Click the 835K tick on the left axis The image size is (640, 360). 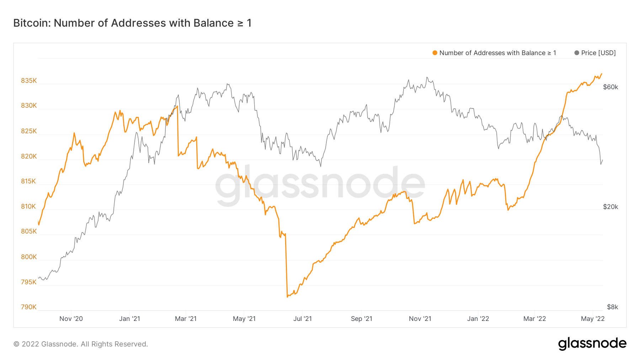tap(29, 81)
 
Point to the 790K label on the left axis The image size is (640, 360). tap(29, 307)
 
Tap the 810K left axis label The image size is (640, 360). tap(29, 206)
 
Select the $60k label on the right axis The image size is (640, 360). tap(610, 87)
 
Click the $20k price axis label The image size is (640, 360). tap(610, 207)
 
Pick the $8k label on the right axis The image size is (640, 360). tap(612, 307)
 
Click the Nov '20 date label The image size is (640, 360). tap(71, 319)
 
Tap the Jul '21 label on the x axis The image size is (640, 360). tap(303, 319)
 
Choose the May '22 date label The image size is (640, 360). tap(593, 319)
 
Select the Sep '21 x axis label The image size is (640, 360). tap(362, 319)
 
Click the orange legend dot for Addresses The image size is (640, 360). tap(434, 53)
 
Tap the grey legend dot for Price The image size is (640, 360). tap(577, 53)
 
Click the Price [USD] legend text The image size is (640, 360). tap(598, 53)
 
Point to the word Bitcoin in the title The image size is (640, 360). tap(32, 23)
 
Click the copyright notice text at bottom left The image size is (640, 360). tap(81, 344)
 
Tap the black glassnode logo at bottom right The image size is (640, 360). tap(592, 343)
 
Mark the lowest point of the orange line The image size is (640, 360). tap(287, 297)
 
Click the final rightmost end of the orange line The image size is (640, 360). tap(602, 74)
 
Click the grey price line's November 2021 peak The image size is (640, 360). tap(427, 77)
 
